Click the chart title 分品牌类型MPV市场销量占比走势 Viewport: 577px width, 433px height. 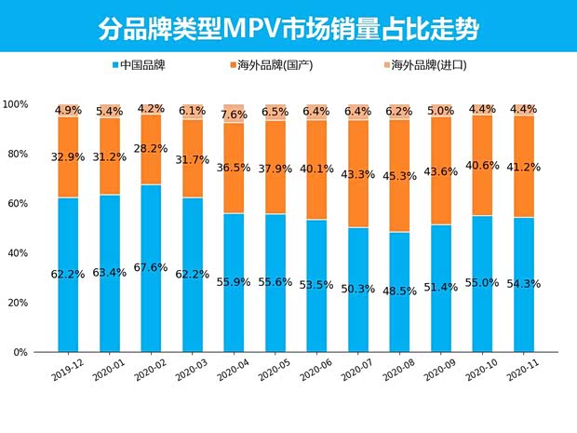coord(288,29)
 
